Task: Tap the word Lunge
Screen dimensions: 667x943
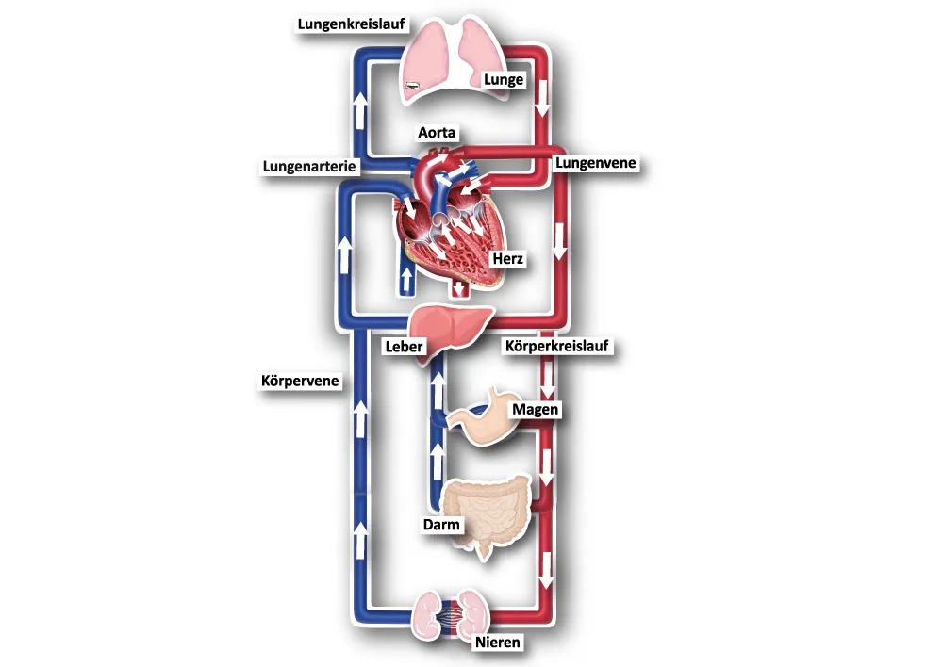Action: coord(503,80)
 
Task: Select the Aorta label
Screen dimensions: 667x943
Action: coord(437,134)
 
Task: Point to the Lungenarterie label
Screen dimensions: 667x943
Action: coord(310,167)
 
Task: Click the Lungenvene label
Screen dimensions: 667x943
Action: coord(596,163)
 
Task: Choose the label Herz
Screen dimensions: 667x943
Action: coord(508,258)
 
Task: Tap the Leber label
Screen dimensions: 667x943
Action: coord(404,346)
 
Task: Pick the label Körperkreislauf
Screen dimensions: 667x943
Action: coord(559,346)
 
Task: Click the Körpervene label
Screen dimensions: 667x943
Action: coord(300,382)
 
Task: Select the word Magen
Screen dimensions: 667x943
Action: coord(536,410)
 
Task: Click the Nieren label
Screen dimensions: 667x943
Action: coord(497,643)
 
